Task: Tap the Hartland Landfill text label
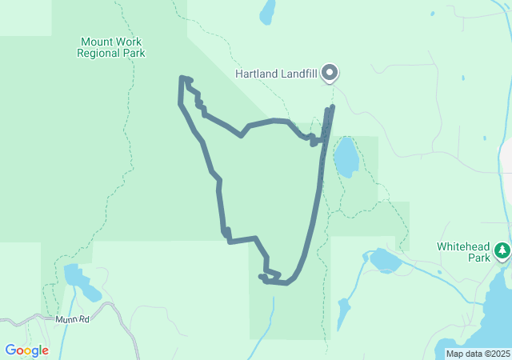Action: [x=276, y=74]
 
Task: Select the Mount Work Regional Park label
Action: [x=111, y=47]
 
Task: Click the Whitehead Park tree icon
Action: [x=502, y=250]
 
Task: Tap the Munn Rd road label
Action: [x=73, y=319]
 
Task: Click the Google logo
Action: [x=26, y=350]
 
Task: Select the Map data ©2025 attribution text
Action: [x=478, y=354]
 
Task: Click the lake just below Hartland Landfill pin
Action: [x=346, y=157]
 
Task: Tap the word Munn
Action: [x=66, y=319]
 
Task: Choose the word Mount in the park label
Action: [x=96, y=41]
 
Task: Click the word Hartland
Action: [x=256, y=74]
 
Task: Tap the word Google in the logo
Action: [x=26, y=350]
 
